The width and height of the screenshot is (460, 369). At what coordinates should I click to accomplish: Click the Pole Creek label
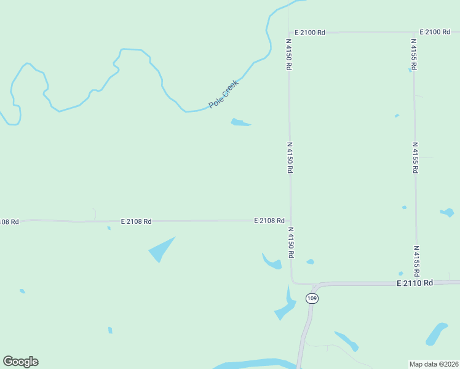coord(223,94)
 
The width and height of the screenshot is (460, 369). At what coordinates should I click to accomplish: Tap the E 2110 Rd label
coord(415,283)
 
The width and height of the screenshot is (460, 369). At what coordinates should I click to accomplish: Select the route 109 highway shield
coord(312,298)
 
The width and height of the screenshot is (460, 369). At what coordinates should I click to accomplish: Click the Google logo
coord(20,362)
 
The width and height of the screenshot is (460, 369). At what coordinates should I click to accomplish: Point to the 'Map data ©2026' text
coord(434,364)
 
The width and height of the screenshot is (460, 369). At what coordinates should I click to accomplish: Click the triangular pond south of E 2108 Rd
coord(161,249)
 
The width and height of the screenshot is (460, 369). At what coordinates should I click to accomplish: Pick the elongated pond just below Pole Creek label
coord(240,122)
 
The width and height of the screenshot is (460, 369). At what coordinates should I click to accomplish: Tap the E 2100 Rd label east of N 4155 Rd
coord(435,32)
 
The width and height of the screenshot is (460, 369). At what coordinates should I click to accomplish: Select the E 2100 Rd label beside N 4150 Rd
coord(309,32)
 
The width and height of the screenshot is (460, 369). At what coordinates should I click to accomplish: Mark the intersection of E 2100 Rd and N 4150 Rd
coord(288,32)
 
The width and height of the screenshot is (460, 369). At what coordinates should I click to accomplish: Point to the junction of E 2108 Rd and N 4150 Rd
coord(290,220)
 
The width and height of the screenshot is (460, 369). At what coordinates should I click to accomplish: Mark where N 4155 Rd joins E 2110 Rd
coord(417,283)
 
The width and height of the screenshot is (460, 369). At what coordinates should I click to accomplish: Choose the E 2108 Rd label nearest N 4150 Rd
coord(269,220)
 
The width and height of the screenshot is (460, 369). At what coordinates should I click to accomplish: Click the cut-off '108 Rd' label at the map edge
coord(9,221)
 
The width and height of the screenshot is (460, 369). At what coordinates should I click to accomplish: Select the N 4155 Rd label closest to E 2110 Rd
coord(416,260)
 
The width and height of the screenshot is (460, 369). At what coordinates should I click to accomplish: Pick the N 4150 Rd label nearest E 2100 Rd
coord(288,55)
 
